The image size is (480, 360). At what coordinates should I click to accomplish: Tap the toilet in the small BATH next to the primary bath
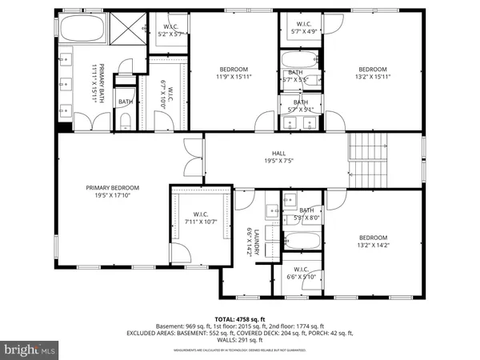pos(126,120)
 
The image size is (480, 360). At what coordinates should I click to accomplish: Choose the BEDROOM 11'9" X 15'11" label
pos(234,73)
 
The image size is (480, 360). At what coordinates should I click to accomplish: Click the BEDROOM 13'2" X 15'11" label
pos(374,73)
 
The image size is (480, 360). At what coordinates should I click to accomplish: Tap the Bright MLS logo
pos(29,350)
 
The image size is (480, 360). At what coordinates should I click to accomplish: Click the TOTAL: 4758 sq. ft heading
pos(240,318)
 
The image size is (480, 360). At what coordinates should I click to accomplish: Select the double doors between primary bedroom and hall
pos(190,158)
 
